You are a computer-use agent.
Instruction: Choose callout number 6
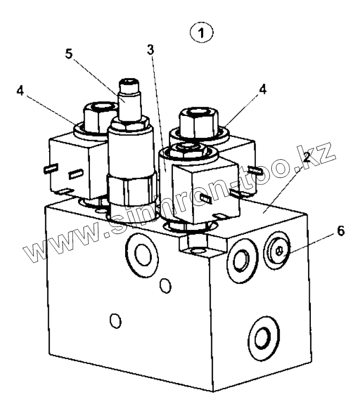pos(340,231)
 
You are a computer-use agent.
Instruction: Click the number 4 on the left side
pos(20,90)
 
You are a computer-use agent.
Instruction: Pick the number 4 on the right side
pos(262,89)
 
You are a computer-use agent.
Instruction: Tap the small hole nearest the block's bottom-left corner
pos(113,321)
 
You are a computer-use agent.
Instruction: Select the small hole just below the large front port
pos(166,286)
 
